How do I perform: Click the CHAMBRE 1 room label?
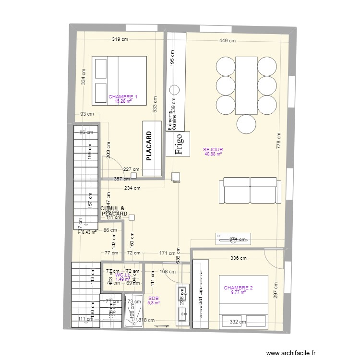[123, 97]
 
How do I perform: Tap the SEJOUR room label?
[213, 149]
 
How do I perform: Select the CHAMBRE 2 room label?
[238, 288]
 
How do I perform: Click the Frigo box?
[178, 144]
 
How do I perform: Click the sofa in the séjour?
[250, 191]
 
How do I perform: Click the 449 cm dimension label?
[228, 41]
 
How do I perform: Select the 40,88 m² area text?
[213, 154]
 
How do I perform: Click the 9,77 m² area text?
[238, 292]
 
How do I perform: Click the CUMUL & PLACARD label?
[114, 211]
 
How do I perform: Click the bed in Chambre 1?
[120, 81]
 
